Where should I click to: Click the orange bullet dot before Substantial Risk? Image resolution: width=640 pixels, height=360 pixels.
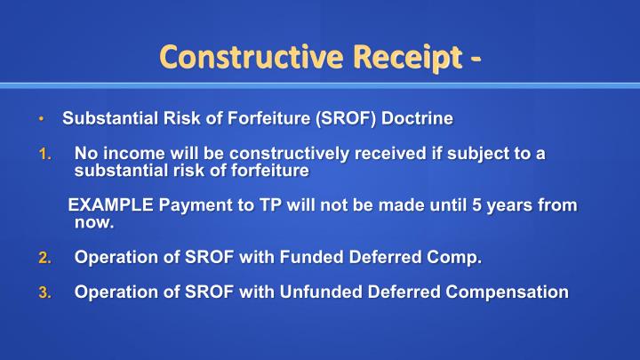point(40,119)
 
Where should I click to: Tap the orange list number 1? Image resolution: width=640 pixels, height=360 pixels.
point(46,155)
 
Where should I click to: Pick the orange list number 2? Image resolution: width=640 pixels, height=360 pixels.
point(46,259)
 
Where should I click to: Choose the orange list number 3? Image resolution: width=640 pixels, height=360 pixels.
point(46,292)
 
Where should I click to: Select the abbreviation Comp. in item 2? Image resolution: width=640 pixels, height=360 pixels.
point(457,259)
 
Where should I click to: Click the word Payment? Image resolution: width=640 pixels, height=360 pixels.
point(188,206)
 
